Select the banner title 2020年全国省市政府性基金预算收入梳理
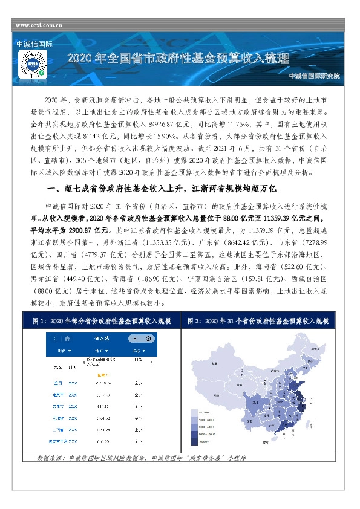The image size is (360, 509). point(178,59)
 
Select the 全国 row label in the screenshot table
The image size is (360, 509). point(58,383)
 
